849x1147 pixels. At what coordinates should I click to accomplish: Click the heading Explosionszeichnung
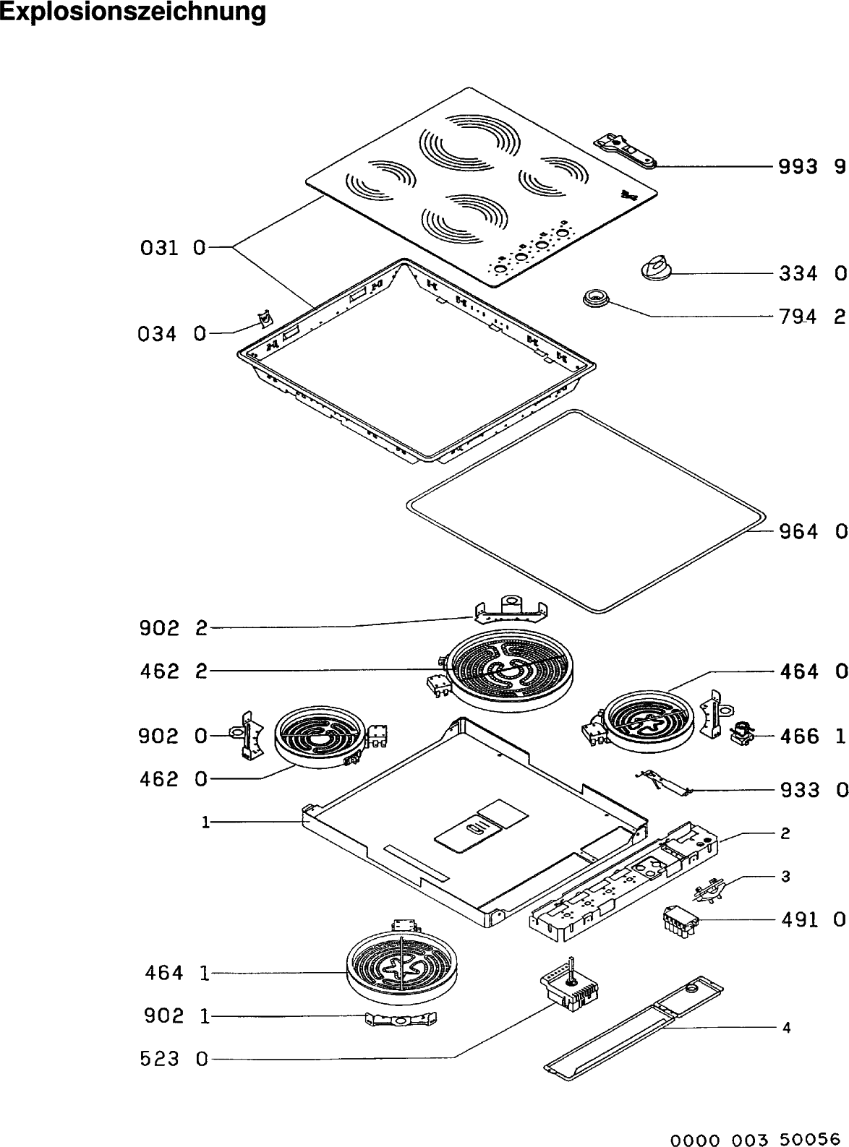133,12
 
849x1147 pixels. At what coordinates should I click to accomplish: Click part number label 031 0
172,249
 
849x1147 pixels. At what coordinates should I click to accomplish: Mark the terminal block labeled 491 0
681,920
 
